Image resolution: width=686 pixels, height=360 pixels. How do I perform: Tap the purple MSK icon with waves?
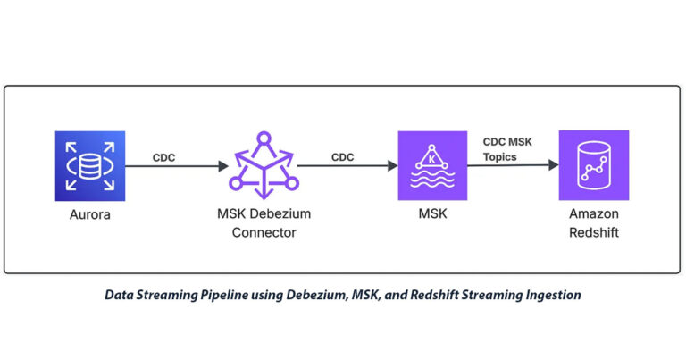click(432, 164)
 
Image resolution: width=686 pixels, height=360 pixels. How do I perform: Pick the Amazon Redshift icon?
click(593, 164)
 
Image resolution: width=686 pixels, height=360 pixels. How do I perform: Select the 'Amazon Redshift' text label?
click(593, 225)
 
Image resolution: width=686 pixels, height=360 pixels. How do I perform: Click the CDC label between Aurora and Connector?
click(164, 156)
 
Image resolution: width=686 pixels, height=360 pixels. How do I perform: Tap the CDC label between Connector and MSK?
click(343, 156)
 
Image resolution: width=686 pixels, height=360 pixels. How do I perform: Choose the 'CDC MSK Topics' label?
click(507, 148)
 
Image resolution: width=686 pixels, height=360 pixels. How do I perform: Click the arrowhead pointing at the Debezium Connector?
click(223, 166)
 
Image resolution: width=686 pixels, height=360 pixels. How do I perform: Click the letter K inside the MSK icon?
click(432, 157)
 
